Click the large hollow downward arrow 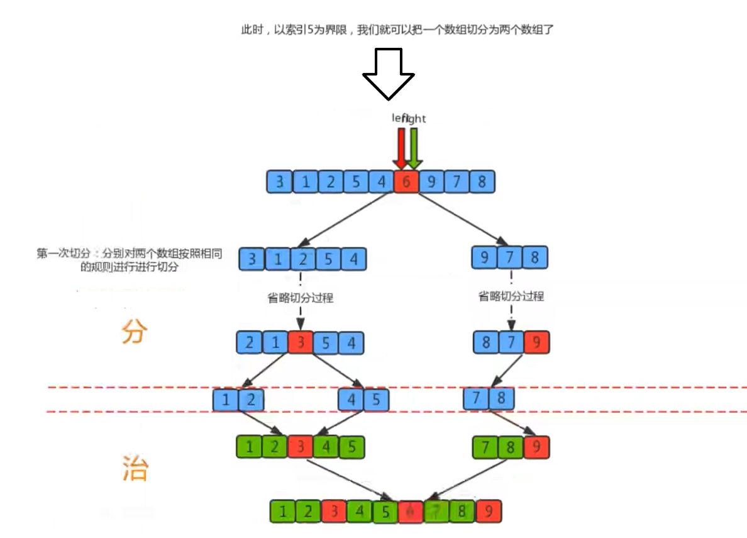click(x=388, y=72)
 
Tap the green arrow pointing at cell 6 click(x=414, y=147)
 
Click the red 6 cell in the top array click(x=406, y=182)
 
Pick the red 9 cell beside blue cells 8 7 click(x=536, y=343)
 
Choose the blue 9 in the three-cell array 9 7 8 click(x=484, y=258)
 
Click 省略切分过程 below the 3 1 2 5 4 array click(x=301, y=298)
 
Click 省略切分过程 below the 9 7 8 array click(x=511, y=296)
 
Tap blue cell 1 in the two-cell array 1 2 click(x=226, y=399)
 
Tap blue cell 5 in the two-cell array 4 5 click(x=376, y=399)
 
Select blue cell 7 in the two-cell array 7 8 click(x=476, y=398)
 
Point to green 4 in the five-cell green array click(x=326, y=447)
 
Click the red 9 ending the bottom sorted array click(x=489, y=511)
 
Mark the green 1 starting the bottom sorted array click(x=282, y=511)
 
